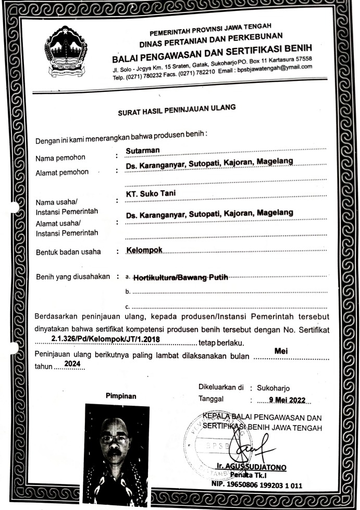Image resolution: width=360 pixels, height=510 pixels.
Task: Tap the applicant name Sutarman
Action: pyautogui.click(x=143, y=151)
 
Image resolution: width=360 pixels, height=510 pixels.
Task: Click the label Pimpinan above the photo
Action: pyautogui.click(x=121, y=396)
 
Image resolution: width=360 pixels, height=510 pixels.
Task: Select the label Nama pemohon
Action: pyautogui.click(x=60, y=158)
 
